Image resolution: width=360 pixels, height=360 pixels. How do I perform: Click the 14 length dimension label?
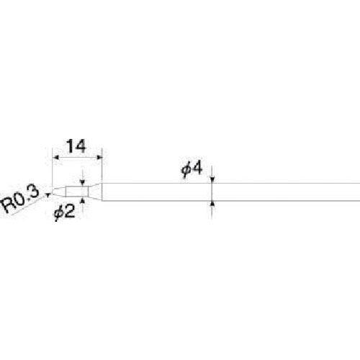pos(76,146)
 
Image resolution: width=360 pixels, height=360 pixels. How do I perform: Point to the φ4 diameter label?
pos(192,168)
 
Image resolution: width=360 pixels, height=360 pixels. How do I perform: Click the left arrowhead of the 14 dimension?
pos(55,157)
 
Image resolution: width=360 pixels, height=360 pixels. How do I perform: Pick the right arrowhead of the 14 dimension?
pos(99,157)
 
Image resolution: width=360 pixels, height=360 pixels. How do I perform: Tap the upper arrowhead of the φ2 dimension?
pos(83,183)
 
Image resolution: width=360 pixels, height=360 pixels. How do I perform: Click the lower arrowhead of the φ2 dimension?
pos(83,199)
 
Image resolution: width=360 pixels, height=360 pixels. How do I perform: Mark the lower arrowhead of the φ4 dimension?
pos(212,204)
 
